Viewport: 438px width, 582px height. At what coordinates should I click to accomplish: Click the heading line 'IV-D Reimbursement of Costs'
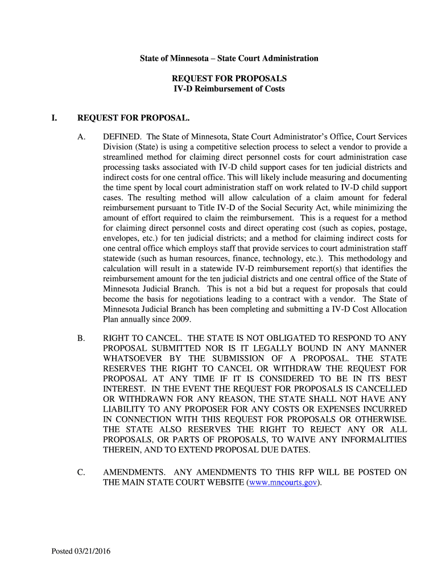pyautogui.click(x=229, y=89)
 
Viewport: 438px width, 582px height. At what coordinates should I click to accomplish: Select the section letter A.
pyautogui.click(x=81, y=137)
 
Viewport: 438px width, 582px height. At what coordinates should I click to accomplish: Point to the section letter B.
pyautogui.click(x=81, y=338)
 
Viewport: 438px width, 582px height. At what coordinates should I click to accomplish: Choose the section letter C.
pyautogui.click(x=81, y=472)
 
